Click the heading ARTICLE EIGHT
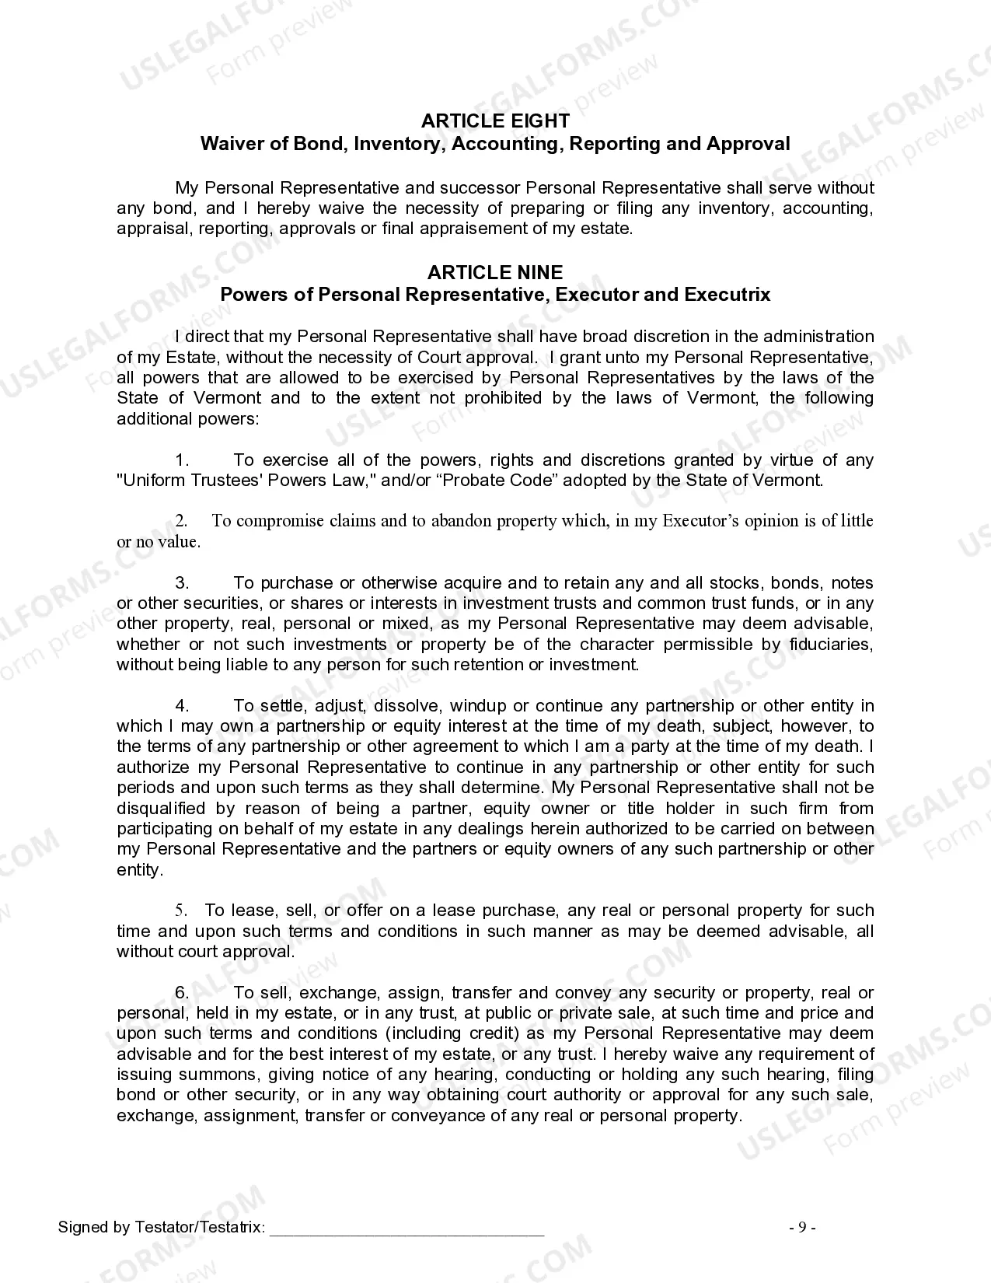[495, 121]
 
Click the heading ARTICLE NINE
[495, 272]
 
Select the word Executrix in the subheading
[728, 295]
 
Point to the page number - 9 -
[802, 1228]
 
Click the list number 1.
[182, 460]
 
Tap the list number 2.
[181, 521]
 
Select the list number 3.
[182, 583]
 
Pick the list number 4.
[182, 706]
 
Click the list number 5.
[181, 911]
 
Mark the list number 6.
[182, 993]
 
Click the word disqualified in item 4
[161, 809]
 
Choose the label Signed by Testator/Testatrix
[161, 1228]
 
